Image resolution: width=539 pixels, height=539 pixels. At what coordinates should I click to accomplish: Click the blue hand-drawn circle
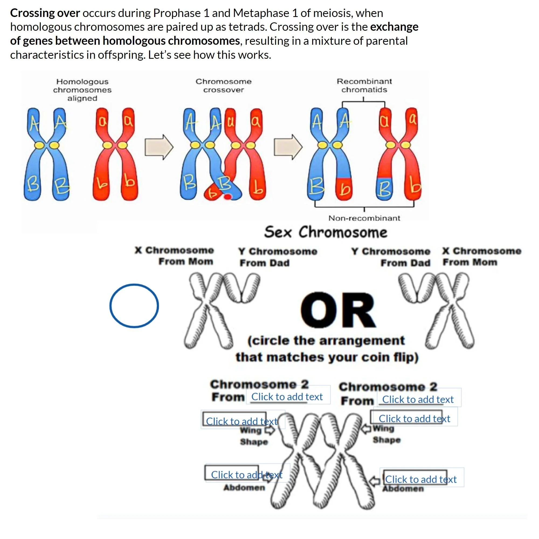click(x=134, y=306)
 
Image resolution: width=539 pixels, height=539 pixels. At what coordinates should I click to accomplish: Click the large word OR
click(x=338, y=310)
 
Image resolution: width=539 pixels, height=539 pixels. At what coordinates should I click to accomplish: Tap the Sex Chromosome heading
click(x=326, y=232)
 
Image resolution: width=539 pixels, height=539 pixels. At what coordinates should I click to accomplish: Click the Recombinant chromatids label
click(x=364, y=85)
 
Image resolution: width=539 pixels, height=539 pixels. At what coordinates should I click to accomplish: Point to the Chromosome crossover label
click(x=223, y=85)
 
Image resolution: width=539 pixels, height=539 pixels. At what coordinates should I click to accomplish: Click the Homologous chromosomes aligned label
click(x=82, y=89)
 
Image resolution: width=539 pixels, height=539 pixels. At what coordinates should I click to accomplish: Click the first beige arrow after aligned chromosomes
click(x=159, y=147)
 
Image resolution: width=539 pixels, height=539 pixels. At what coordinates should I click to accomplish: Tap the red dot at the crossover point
click(x=228, y=197)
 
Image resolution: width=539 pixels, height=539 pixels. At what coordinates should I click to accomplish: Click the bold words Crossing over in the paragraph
click(x=45, y=13)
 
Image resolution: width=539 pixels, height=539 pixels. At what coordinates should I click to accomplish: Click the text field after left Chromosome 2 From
click(x=288, y=396)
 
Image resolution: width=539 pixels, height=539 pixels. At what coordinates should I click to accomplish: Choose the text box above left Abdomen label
click(x=247, y=475)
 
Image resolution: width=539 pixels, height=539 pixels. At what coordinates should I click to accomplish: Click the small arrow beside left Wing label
click(x=269, y=431)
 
